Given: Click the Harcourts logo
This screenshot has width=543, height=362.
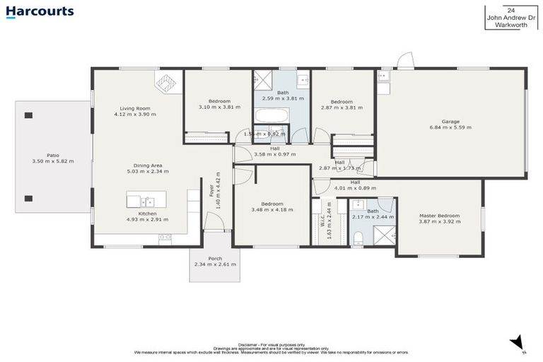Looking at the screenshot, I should [39, 11].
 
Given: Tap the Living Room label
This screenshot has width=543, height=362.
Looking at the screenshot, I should [137, 107].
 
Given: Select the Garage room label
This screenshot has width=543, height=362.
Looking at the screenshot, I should [450, 121].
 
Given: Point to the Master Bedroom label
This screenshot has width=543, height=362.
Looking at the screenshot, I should [439, 216].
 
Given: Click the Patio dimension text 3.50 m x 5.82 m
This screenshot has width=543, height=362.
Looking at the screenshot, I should [52, 161].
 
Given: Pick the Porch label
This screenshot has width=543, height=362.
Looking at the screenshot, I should [215, 258].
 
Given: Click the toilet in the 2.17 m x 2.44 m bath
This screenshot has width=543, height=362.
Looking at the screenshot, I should [359, 236].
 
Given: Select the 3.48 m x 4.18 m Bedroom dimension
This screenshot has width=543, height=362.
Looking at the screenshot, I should [271, 210].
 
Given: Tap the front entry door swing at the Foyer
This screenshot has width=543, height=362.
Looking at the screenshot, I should [214, 223].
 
